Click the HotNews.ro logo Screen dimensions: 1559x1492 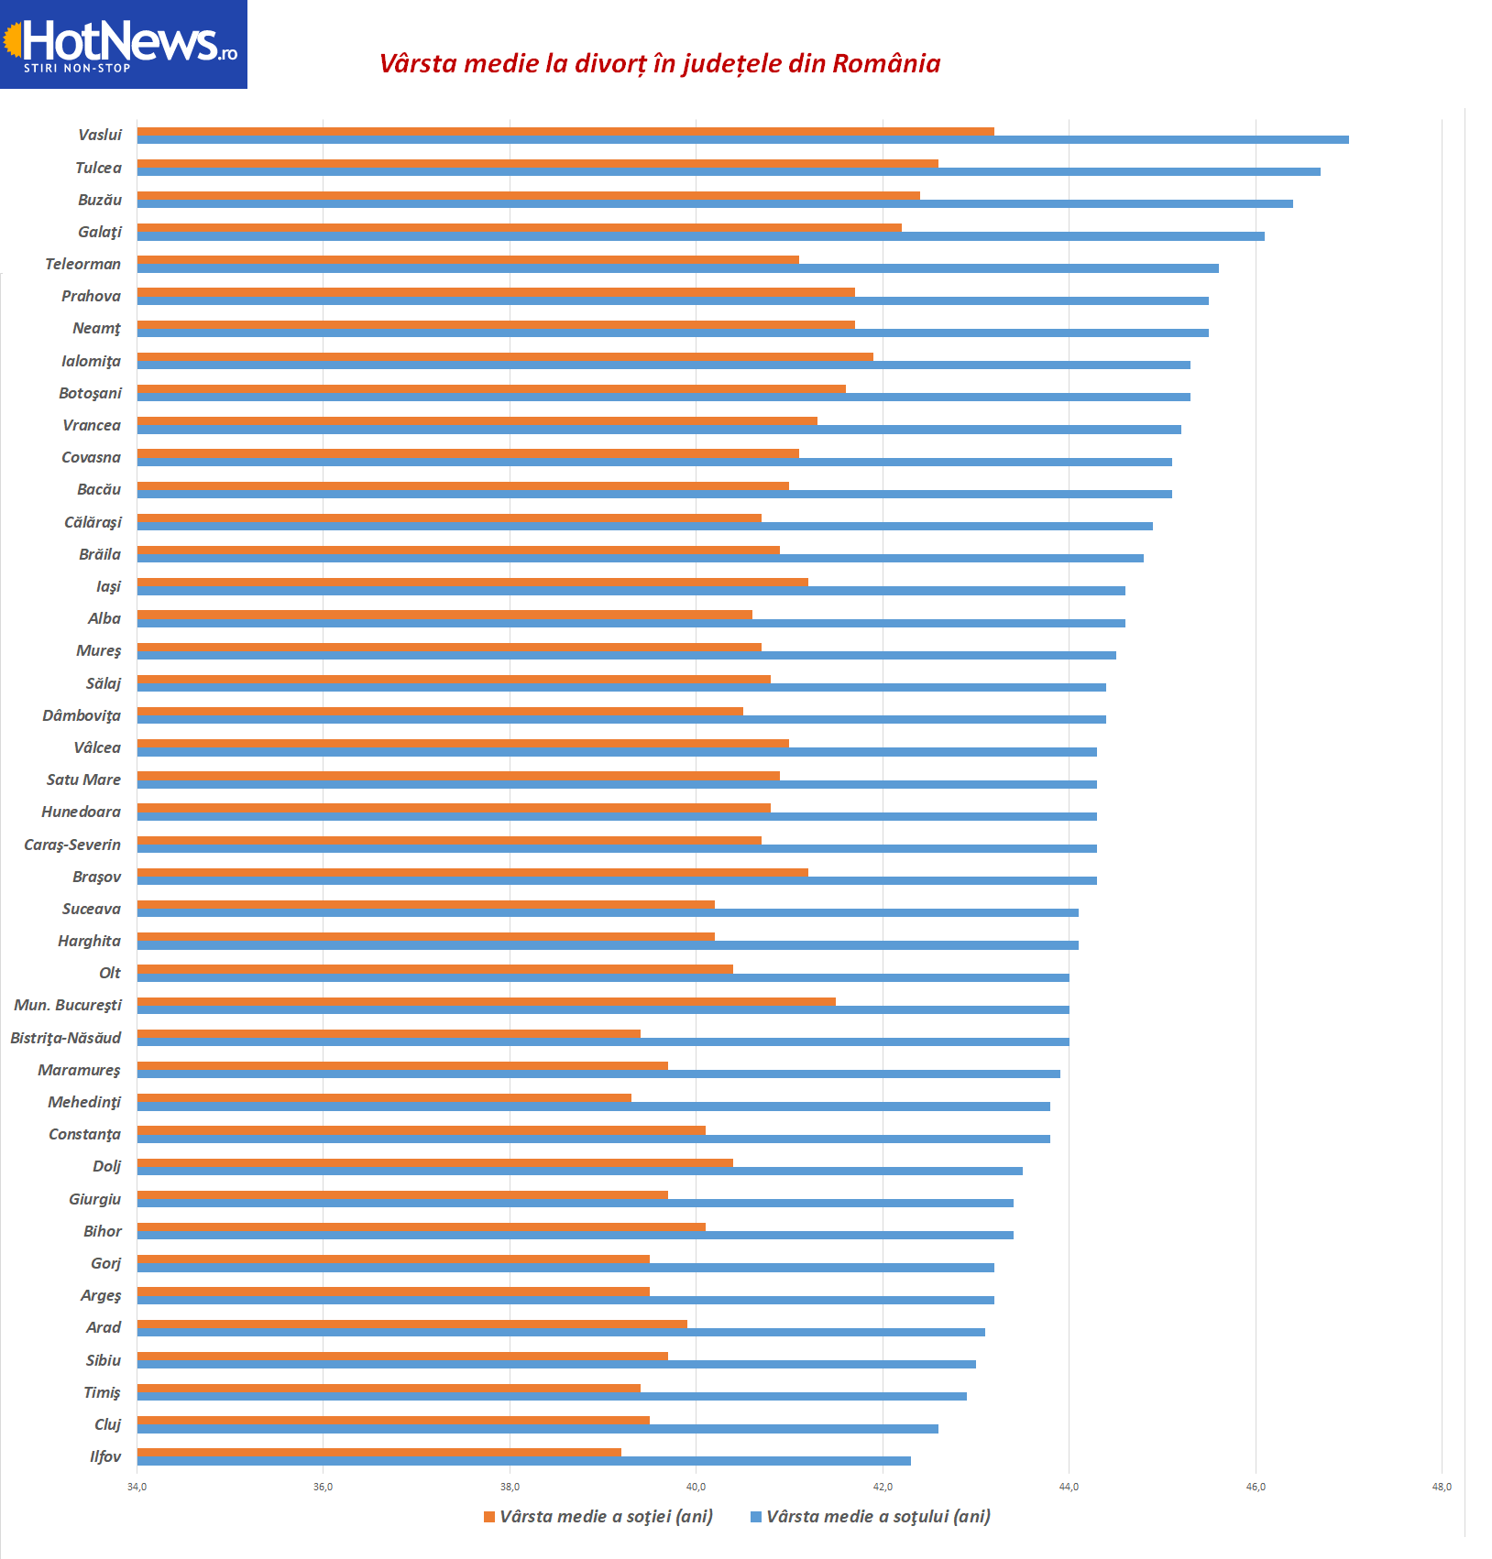click(x=124, y=44)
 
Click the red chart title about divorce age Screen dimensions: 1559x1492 click(x=660, y=63)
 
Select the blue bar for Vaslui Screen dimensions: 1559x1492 click(x=742, y=139)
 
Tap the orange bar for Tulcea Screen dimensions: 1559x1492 click(x=537, y=164)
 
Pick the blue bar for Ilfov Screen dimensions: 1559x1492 click(x=523, y=1461)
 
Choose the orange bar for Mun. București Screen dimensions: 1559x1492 click(x=486, y=1001)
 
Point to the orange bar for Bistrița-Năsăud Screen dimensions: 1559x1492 click(x=389, y=1034)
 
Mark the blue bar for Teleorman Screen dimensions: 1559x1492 click(x=677, y=268)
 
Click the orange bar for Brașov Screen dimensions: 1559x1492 click(x=472, y=872)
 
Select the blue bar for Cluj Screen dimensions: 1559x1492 click(x=537, y=1429)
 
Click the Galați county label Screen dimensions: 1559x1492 click(x=100, y=232)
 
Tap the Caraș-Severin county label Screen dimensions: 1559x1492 click(x=72, y=845)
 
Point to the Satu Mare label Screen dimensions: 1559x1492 click(x=83, y=779)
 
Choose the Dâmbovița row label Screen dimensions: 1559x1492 click(x=82, y=715)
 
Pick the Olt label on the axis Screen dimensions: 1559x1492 click(x=110, y=973)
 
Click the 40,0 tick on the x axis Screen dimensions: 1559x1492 click(x=696, y=1487)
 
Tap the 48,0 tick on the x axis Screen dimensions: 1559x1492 click(x=1442, y=1487)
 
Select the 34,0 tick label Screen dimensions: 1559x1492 click(x=137, y=1487)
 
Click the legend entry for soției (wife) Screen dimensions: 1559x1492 click(x=598, y=1517)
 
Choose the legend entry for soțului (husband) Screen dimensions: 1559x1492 click(x=871, y=1517)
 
